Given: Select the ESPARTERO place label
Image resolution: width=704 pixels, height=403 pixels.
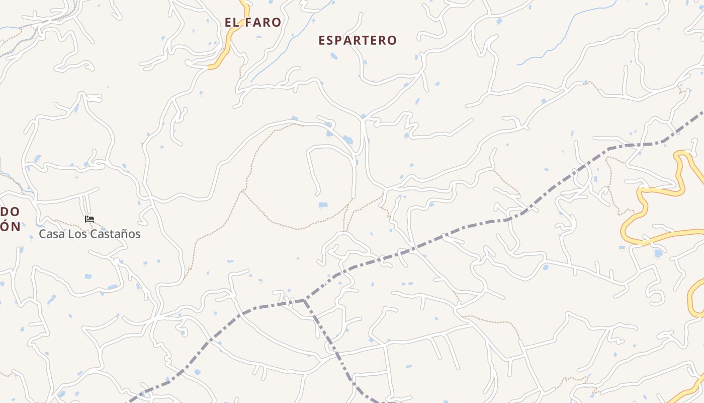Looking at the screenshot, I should pos(358,40).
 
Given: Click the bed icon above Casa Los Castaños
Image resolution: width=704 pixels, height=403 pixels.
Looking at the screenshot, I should pos(90,219).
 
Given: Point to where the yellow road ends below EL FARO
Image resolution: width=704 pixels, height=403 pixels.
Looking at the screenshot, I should pos(210,66).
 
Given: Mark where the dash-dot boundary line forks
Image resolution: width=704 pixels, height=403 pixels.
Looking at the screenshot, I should pos(304,300).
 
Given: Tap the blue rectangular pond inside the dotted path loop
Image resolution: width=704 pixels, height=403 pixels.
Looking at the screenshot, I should pos(323,205).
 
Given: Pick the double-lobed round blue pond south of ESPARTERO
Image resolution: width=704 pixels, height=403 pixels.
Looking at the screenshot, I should pos(347,140).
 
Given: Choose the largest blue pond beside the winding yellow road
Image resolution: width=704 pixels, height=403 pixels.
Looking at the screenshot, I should pos(658,253).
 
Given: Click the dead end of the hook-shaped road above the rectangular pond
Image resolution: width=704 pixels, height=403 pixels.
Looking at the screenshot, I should pos(318,193).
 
